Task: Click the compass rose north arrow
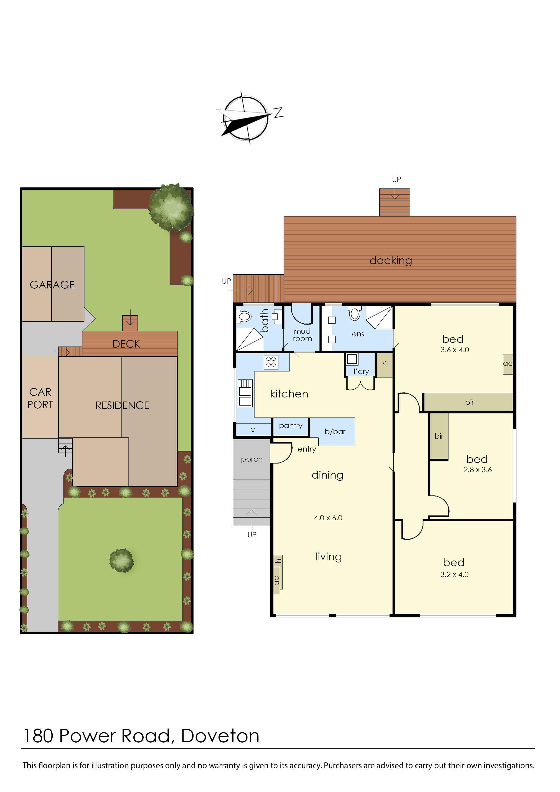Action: [x=245, y=118]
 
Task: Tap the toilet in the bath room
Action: [x=244, y=316]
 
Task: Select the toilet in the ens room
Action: [x=355, y=313]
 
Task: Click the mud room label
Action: [x=302, y=335]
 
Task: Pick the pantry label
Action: [x=291, y=426]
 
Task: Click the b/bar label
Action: [x=335, y=432]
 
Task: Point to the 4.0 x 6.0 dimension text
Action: [x=328, y=518]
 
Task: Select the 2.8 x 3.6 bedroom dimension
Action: [x=478, y=470]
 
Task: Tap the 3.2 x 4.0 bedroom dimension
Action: [x=455, y=574]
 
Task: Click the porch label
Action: [x=252, y=459]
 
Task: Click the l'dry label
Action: [x=361, y=371]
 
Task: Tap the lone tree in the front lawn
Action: [x=121, y=561]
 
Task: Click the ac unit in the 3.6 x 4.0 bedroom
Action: [x=508, y=364]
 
